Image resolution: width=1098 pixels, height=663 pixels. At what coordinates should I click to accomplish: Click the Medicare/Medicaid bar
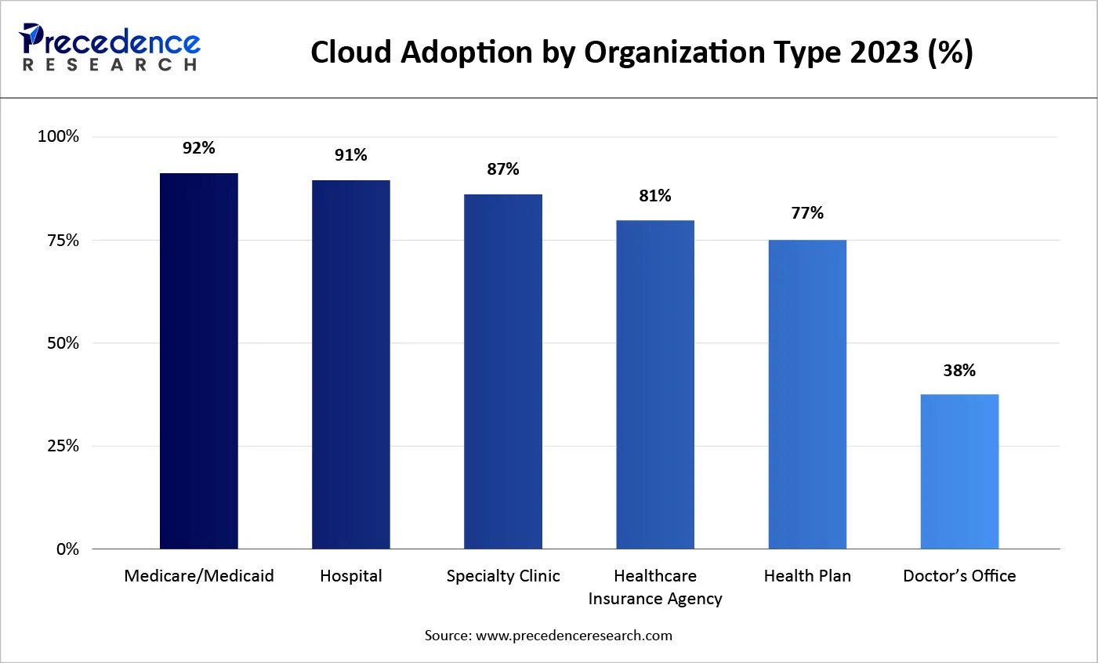coord(199,360)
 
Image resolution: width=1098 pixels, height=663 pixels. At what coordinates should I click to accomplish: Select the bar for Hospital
coord(351,364)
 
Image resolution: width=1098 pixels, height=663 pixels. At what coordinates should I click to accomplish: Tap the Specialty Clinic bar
coord(503,371)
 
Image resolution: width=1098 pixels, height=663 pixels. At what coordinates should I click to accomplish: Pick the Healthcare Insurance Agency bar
coord(655,384)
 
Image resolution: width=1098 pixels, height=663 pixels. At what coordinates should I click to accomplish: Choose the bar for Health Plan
coord(807,394)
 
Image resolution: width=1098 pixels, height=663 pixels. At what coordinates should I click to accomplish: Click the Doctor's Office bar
coord(959,471)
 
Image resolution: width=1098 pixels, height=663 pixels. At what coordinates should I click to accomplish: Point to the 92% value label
coord(199,148)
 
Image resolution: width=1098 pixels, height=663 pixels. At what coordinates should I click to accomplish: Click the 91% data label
coord(351,155)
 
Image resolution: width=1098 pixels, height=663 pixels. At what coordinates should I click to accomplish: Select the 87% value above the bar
coord(503,169)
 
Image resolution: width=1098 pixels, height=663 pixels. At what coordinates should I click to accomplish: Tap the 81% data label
coord(655,196)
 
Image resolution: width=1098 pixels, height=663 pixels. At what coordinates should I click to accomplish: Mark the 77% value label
coord(807,213)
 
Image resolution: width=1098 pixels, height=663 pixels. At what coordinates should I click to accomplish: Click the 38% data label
coord(959,371)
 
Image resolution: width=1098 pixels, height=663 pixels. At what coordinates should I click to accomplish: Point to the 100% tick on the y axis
coord(59,136)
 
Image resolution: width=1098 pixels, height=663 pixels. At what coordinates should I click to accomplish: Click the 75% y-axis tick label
coord(63,241)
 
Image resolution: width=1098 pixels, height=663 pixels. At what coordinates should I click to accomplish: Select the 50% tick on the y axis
coord(63,343)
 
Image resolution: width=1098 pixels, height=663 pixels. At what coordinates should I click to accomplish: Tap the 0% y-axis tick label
coord(67,549)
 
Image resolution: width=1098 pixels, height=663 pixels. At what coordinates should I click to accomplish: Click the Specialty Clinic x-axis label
coord(503,576)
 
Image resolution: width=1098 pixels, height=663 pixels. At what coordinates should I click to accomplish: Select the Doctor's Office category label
coord(959,576)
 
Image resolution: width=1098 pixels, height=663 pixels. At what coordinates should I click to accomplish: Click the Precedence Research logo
coord(111,48)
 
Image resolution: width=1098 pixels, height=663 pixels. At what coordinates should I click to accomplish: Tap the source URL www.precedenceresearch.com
coord(574,636)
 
